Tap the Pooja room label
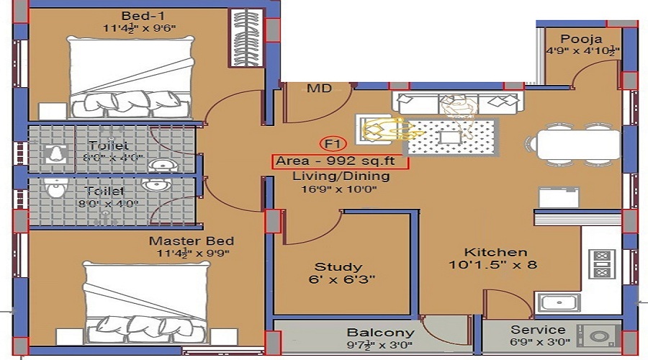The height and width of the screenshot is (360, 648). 581,40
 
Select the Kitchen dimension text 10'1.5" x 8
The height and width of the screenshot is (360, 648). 492,264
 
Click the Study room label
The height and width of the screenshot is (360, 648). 338,267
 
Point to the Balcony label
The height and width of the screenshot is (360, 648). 381,333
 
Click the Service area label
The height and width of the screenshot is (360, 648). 538,330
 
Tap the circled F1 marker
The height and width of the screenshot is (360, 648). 333,144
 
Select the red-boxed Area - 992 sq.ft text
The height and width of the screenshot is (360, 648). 340,161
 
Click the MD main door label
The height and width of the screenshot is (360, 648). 320,88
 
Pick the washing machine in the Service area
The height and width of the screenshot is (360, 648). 598,336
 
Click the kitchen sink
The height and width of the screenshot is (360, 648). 558,302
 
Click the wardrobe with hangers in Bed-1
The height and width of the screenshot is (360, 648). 247,37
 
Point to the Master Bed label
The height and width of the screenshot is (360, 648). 192,241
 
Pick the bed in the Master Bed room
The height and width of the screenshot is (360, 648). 147,303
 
